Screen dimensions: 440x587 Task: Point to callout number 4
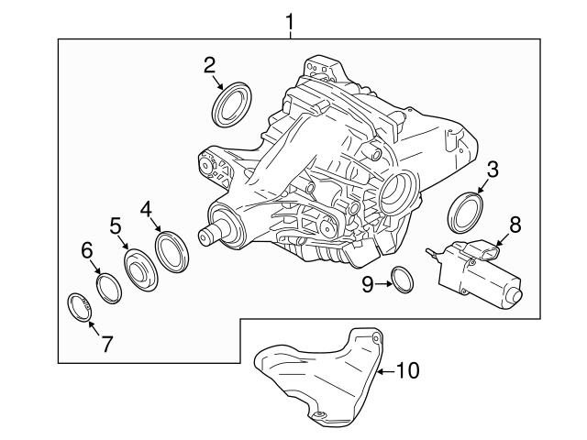click(x=145, y=209)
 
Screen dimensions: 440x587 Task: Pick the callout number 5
click(x=116, y=225)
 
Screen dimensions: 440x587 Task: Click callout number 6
click(x=87, y=249)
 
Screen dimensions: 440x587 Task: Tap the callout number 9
click(x=367, y=284)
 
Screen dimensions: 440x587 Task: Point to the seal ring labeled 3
click(x=465, y=212)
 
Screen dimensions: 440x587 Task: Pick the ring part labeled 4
click(x=172, y=251)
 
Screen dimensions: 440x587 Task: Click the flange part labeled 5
click(x=142, y=271)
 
